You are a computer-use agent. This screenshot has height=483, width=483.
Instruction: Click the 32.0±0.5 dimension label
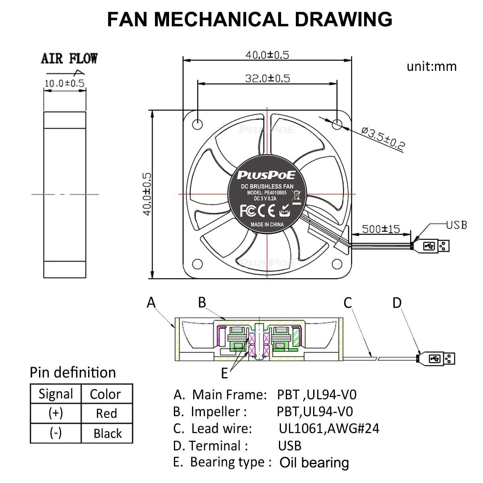coord(268,78)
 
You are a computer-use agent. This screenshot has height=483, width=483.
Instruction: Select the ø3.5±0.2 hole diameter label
coord(383,138)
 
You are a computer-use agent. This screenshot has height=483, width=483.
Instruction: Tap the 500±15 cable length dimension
coord(381,229)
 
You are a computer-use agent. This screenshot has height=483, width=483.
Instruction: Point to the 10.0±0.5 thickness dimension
coord(64,83)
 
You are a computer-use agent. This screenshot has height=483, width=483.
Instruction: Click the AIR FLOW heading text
coord(69,58)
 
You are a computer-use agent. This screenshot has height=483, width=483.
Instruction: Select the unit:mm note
coord(431,66)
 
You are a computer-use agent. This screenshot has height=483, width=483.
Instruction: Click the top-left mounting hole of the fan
coord(197,124)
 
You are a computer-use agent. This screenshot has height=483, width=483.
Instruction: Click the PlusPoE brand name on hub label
coord(266,175)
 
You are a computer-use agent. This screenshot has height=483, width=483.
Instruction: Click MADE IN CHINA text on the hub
coord(267,225)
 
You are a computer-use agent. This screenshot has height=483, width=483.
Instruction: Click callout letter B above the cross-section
coord(202,302)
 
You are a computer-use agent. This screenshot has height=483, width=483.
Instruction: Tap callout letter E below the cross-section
coord(225,374)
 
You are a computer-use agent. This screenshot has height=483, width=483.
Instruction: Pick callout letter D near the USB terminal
coord(397,303)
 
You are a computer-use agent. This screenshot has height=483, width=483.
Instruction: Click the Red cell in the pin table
coord(107,413)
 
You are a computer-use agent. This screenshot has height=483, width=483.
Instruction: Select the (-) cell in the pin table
coord(56,433)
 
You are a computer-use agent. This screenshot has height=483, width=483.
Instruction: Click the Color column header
coord(105,394)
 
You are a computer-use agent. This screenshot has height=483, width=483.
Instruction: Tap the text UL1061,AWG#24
coord(329,428)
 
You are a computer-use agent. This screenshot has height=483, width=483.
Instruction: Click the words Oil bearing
coord(314,462)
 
